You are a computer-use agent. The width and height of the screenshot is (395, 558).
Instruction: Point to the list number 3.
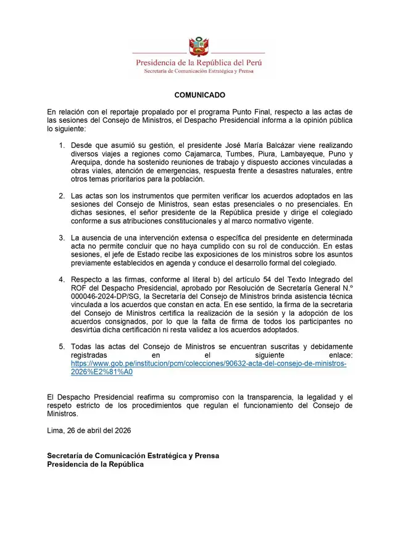click(62, 237)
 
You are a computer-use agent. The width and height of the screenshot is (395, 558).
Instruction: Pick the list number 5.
click(62, 347)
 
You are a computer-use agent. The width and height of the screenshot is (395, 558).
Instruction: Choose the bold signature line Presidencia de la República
click(96, 464)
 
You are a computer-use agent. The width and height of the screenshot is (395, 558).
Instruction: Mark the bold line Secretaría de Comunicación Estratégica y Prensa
click(133, 456)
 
